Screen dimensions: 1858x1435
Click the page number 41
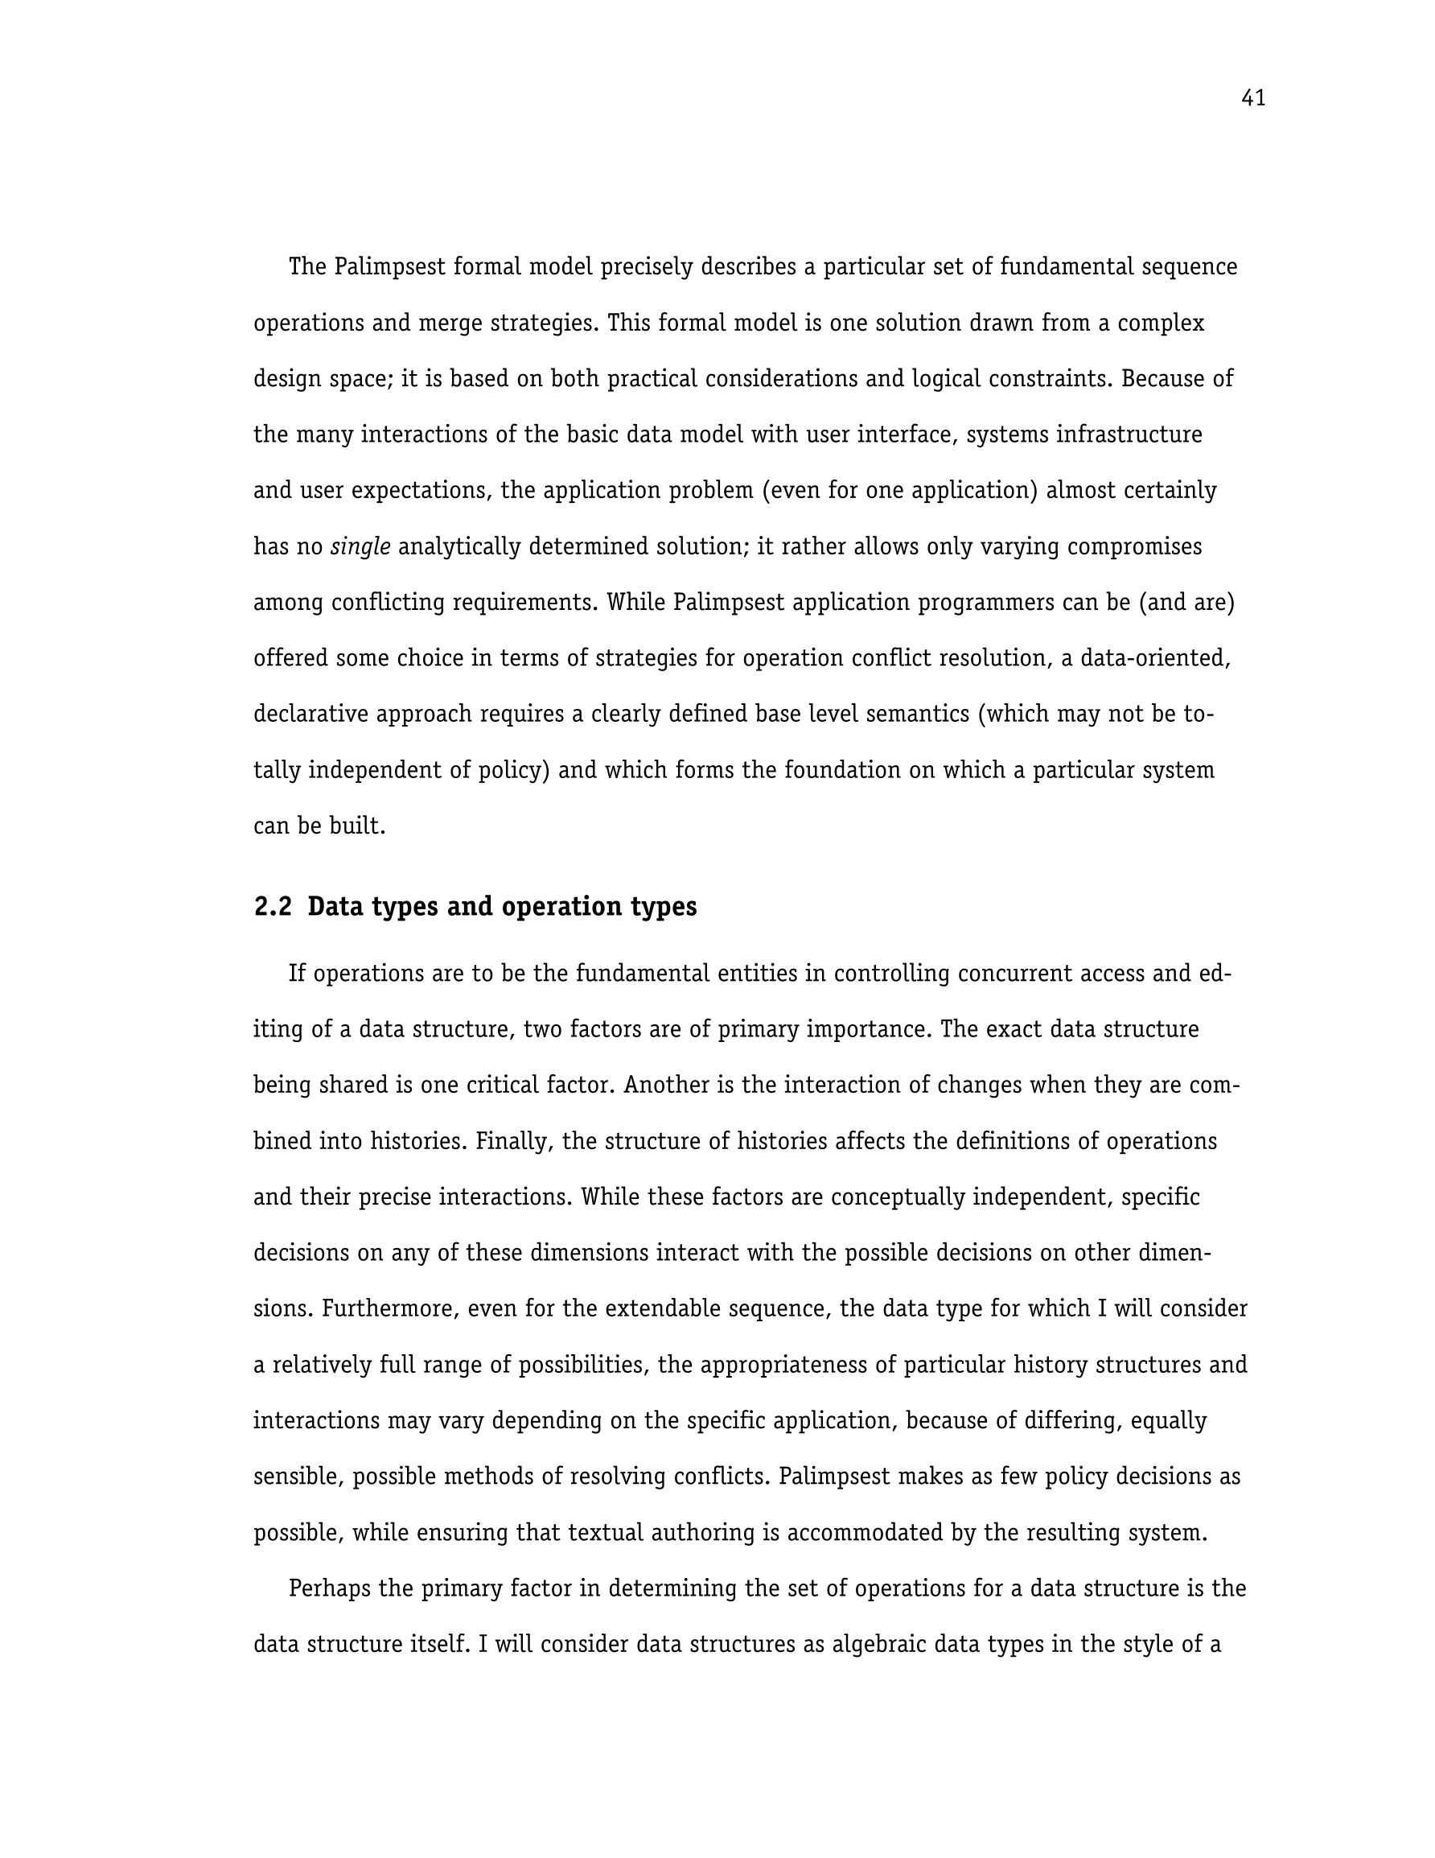1253,99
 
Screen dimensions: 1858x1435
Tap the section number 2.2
272,907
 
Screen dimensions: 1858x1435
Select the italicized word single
360,546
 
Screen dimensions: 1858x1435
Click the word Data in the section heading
335,907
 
